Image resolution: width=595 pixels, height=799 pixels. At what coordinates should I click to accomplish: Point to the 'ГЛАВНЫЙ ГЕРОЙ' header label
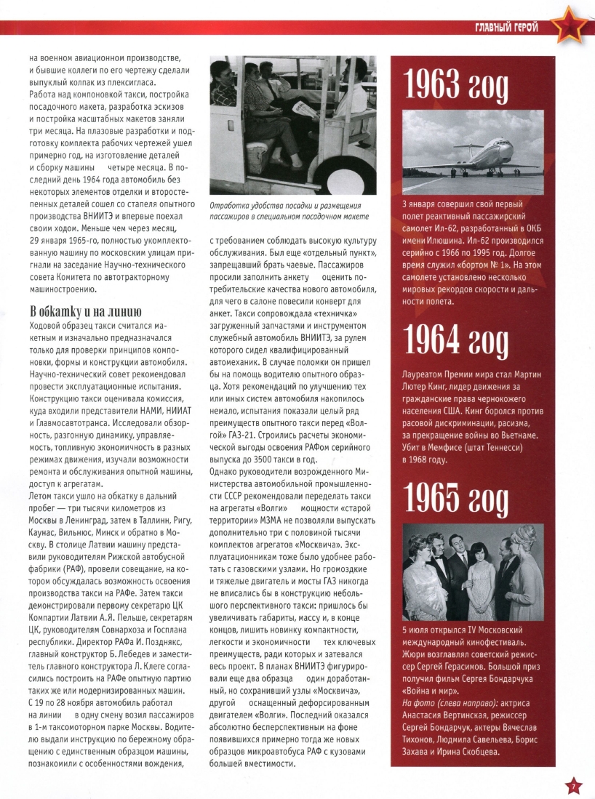[506, 28]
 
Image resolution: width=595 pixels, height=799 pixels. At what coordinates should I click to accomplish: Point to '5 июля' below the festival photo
[417, 630]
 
